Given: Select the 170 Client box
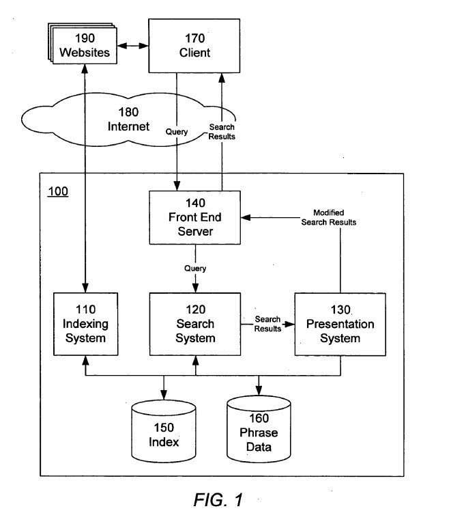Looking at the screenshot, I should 194,45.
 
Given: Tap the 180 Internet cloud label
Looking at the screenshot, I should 128,120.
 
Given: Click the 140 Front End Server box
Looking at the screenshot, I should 194,217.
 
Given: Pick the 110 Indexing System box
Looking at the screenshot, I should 86,323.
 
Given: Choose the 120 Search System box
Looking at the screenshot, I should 194,323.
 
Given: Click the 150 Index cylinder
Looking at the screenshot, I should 164,434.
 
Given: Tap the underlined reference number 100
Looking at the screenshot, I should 57,191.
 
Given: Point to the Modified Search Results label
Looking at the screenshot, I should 328,217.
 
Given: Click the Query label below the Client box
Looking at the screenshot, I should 177,132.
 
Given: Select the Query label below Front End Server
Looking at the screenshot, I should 195,268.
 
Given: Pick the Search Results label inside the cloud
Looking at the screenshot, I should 222,131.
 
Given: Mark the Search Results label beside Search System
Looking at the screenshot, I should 267,324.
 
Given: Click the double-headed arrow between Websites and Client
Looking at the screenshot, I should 132,46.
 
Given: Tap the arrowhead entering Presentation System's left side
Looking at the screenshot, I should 291,324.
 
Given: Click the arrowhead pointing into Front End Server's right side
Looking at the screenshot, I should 244,217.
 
